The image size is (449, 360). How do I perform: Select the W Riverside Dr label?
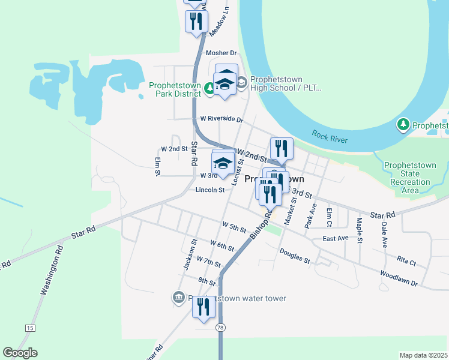[221, 119]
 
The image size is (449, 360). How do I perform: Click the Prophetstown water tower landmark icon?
[178, 298]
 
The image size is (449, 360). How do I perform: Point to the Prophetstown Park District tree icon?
[209, 89]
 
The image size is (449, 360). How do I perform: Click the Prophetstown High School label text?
[286, 83]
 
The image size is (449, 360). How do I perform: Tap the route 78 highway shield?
[221, 326]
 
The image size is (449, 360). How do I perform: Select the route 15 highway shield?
[29, 328]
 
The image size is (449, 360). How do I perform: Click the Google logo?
[20, 353]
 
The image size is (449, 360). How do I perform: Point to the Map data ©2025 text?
[423, 355]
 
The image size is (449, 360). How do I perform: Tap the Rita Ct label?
[406, 262]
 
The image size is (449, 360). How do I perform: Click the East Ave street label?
[335, 238]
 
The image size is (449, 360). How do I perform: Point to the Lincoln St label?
[209, 190]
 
